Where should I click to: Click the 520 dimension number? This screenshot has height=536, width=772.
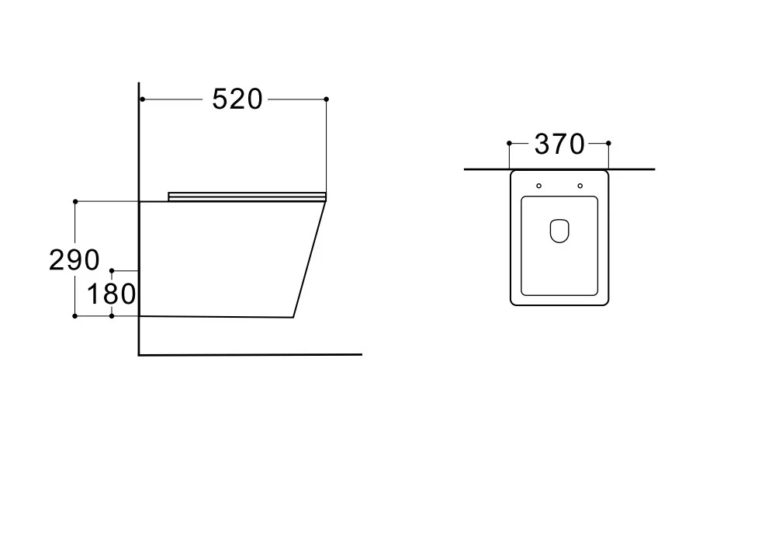[237, 99]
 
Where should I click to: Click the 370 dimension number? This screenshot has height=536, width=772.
[560, 144]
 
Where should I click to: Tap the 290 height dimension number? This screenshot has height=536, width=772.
[74, 260]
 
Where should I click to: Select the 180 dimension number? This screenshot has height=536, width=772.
[111, 294]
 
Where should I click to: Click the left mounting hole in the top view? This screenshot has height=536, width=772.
[538, 186]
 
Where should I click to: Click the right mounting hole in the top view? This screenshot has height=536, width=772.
[580, 186]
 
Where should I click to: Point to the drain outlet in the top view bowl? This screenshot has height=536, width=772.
[559, 231]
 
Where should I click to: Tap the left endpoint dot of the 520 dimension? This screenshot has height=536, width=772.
[142, 99]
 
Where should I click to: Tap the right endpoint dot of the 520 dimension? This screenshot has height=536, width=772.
[327, 99]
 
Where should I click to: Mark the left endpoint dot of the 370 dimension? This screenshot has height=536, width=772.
[509, 143]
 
